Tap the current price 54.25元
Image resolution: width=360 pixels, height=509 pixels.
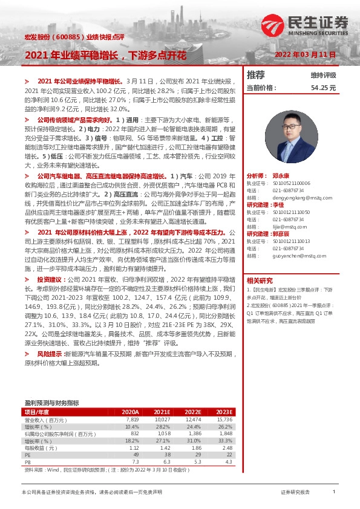point(323,88)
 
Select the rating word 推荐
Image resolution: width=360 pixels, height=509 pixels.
point(256,75)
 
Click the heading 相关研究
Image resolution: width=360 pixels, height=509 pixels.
point(260,280)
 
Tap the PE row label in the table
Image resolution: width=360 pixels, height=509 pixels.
point(27,455)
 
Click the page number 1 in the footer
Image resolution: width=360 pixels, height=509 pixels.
point(334,493)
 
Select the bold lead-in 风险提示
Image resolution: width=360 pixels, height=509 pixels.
point(49,353)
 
